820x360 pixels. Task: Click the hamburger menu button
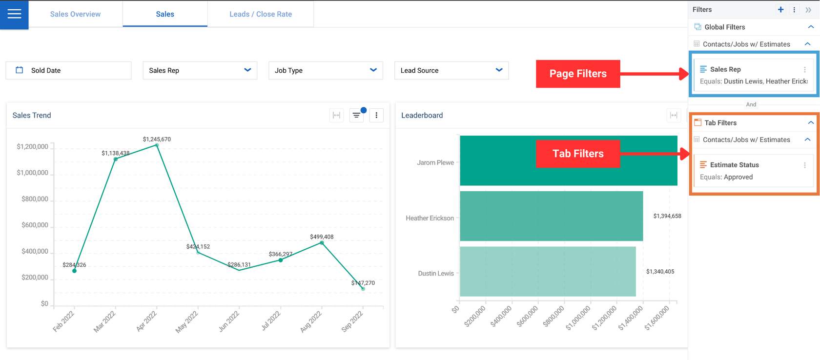click(x=14, y=14)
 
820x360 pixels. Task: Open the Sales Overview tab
click(x=75, y=14)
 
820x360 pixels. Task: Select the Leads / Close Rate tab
click(x=261, y=14)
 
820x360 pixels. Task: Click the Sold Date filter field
click(x=68, y=70)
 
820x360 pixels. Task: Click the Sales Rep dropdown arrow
click(x=247, y=70)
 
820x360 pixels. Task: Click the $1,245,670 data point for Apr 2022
click(x=157, y=145)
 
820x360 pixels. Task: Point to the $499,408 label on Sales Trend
click(x=322, y=237)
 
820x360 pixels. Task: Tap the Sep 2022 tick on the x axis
click(x=352, y=321)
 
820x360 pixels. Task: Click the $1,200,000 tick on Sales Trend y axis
click(x=32, y=146)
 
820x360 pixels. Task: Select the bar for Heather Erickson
click(x=551, y=216)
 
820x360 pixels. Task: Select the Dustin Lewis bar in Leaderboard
click(x=548, y=271)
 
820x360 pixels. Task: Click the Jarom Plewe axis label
click(x=435, y=162)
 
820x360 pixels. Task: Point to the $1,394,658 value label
click(x=667, y=216)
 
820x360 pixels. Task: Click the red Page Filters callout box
click(x=578, y=74)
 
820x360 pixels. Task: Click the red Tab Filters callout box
click(x=578, y=154)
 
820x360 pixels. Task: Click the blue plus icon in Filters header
click(x=780, y=10)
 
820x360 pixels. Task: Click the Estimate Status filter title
click(x=734, y=165)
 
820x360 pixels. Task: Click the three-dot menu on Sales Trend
click(x=376, y=115)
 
